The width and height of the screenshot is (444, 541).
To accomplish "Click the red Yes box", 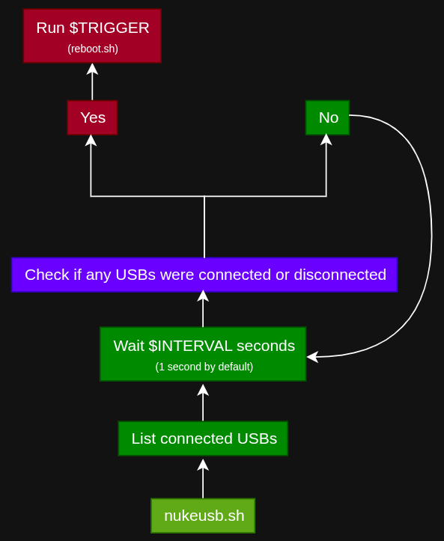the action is [92, 117].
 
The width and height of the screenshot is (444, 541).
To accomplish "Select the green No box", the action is [327, 117].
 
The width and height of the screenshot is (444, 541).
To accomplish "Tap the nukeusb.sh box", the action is [203, 516].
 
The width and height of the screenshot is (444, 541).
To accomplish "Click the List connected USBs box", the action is [203, 438].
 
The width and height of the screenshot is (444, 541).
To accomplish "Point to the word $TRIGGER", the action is [109, 28].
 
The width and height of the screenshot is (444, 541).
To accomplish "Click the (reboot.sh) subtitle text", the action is [93, 49].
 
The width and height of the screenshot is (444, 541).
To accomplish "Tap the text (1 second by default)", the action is [204, 367].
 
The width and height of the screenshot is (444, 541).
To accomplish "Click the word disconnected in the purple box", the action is [340, 275].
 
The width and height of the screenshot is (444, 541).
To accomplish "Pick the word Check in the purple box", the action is [47, 275].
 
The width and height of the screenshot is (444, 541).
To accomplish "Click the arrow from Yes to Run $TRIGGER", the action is [92, 82].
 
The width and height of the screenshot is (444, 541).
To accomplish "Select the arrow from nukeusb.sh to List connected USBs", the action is [203, 479].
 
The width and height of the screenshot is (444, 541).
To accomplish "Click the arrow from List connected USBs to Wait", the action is [203, 403].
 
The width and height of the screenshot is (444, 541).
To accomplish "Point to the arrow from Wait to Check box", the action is [203, 308].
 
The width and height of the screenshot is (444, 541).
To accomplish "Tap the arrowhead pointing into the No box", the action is [326, 139].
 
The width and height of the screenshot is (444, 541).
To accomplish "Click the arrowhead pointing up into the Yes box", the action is [91, 140].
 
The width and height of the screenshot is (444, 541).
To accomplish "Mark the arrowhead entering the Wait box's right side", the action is [312, 357].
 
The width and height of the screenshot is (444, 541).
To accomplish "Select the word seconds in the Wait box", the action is [266, 346].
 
